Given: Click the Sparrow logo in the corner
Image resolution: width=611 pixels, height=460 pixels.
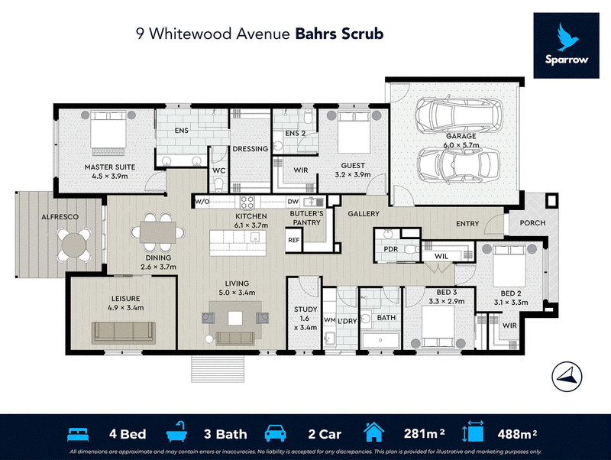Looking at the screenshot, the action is (x=566, y=45).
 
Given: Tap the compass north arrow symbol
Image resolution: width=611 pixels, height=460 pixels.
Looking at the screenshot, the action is (x=567, y=376).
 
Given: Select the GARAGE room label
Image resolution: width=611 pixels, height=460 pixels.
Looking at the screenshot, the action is (x=461, y=136).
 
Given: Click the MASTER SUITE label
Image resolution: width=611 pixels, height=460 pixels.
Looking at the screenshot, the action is (x=110, y=167).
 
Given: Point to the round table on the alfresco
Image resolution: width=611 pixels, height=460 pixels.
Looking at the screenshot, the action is (x=74, y=245).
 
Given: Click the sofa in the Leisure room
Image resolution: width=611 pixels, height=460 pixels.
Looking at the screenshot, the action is (x=124, y=333).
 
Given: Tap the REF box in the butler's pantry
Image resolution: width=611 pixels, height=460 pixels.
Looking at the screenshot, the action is (x=294, y=240).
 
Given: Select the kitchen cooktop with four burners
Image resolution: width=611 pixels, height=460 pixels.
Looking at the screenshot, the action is (x=247, y=202).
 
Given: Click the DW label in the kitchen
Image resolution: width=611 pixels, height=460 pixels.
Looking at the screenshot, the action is (x=293, y=202).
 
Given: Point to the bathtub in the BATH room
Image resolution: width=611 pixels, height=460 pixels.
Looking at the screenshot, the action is (x=380, y=340).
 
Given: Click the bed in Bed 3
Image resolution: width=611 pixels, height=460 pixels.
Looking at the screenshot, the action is (x=438, y=326).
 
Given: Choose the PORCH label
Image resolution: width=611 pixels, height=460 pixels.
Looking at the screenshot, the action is (x=532, y=223).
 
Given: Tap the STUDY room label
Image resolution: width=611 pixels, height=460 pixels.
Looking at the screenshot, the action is (x=305, y=309).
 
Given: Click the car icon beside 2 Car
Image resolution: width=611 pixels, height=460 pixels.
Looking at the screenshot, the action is (x=276, y=433).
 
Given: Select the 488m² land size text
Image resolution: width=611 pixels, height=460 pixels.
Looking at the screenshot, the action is (x=517, y=433).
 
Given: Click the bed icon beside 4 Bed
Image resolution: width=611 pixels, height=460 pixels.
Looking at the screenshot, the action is (x=78, y=434).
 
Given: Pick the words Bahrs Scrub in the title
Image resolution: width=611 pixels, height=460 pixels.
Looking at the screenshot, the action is (x=339, y=34).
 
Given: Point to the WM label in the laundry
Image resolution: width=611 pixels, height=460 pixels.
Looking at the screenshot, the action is (x=330, y=319).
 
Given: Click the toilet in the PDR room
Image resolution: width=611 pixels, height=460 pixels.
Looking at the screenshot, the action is (x=411, y=249).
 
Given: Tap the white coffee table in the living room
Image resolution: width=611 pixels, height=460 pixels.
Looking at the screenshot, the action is (x=235, y=319).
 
